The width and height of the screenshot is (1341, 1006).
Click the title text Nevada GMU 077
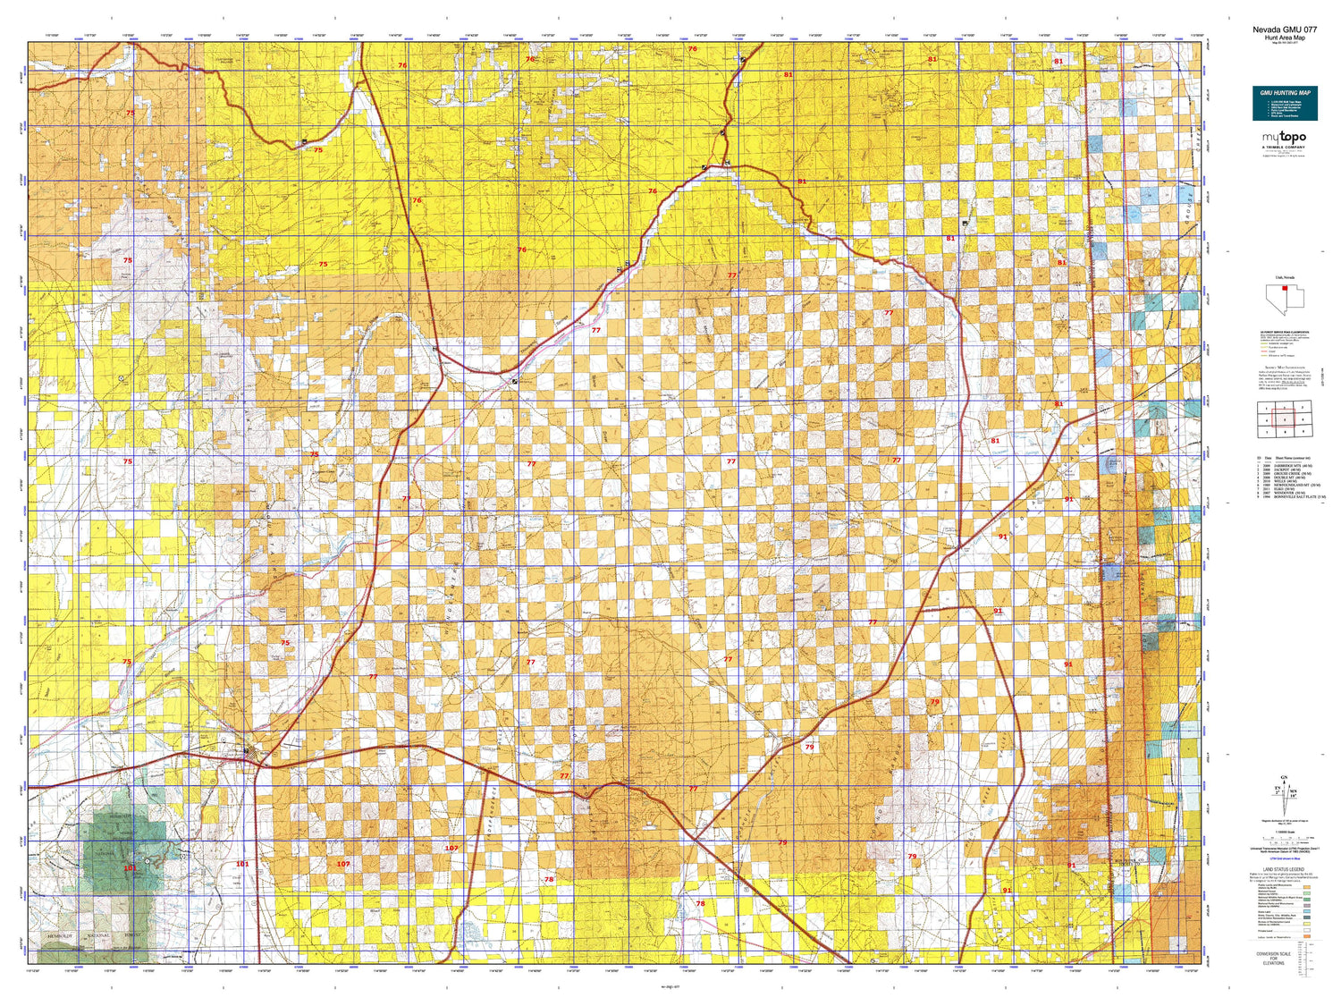[x=1284, y=30]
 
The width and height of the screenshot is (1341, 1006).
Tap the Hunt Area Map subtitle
[x=1284, y=38]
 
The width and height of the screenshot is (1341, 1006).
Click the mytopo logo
[x=1284, y=138]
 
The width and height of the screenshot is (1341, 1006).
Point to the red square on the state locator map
[x=1284, y=288]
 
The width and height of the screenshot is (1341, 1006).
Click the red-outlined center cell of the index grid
[x=1285, y=419]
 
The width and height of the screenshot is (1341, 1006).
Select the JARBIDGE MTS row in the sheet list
[x=1287, y=466]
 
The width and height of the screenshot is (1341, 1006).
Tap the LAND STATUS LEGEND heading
[x=1284, y=869]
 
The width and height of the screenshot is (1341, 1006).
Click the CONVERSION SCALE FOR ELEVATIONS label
[x=1273, y=959]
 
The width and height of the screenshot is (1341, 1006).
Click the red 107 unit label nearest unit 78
[x=451, y=848]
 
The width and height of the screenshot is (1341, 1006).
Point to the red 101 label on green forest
[x=131, y=868]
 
